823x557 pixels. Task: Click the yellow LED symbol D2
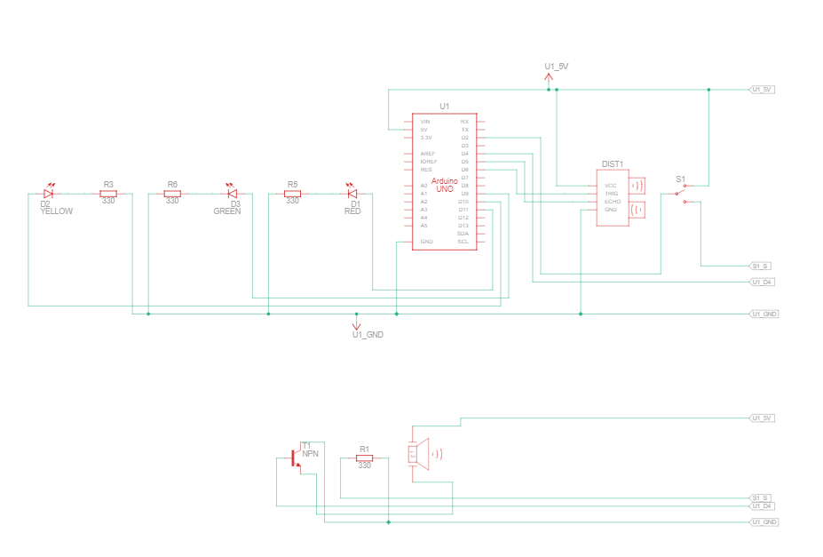tap(49, 193)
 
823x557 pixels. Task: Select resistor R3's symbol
tap(108, 193)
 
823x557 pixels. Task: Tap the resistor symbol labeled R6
tap(172, 193)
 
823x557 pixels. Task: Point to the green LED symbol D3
tap(233, 193)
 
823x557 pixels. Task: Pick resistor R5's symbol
tap(292, 193)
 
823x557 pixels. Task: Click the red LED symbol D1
tap(352, 193)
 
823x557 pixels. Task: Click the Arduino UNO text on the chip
tap(443, 185)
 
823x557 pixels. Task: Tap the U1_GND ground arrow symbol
tap(357, 324)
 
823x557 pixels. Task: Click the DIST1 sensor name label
tap(613, 163)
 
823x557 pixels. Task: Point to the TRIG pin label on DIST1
tap(611, 193)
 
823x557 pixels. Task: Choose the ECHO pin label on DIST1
tap(612, 202)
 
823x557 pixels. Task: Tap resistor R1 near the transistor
tap(364, 459)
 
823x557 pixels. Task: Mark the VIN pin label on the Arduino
tap(425, 121)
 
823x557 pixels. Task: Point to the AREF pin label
tap(427, 154)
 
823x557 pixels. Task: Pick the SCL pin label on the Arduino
tap(463, 242)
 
